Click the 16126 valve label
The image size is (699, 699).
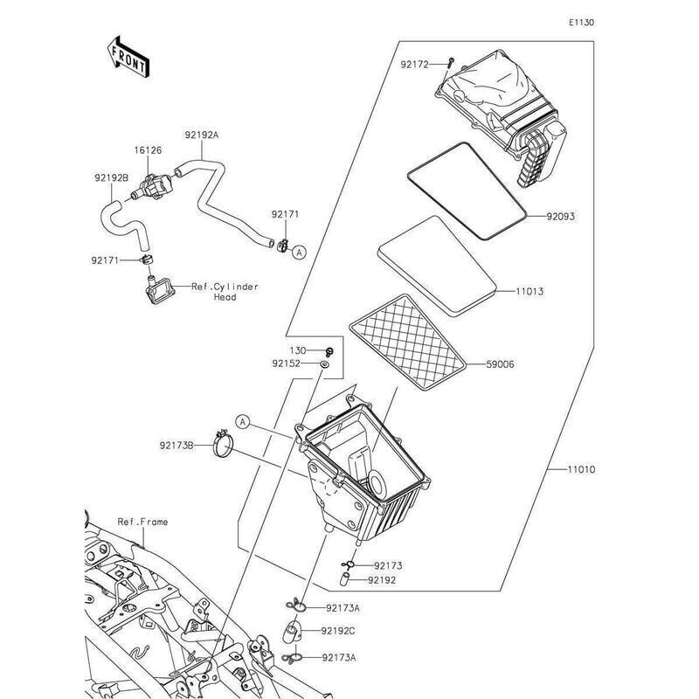(x=148, y=150)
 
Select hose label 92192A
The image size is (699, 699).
(x=202, y=135)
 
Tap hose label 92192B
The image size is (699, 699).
(x=112, y=177)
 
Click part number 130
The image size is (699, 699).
(x=299, y=349)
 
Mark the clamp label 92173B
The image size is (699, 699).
(x=177, y=446)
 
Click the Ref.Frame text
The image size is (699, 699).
(x=142, y=522)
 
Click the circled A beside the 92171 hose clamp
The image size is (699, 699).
(x=299, y=253)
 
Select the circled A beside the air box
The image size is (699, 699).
(x=244, y=423)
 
